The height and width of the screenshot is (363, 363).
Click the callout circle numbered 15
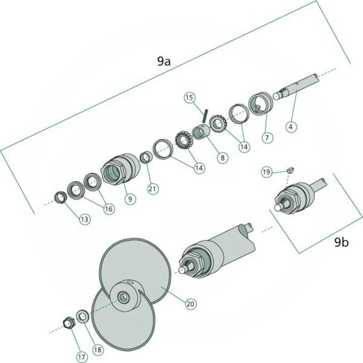click(x=190, y=98)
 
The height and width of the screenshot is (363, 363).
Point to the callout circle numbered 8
click(x=222, y=157)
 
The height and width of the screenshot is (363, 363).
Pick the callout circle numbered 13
click(x=85, y=219)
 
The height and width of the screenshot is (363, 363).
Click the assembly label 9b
click(x=342, y=243)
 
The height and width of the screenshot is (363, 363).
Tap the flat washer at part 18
click(x=82, y=315)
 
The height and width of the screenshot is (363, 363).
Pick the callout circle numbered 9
click(x=130, y=198)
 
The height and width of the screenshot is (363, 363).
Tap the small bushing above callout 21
click(x=146, y=157)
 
